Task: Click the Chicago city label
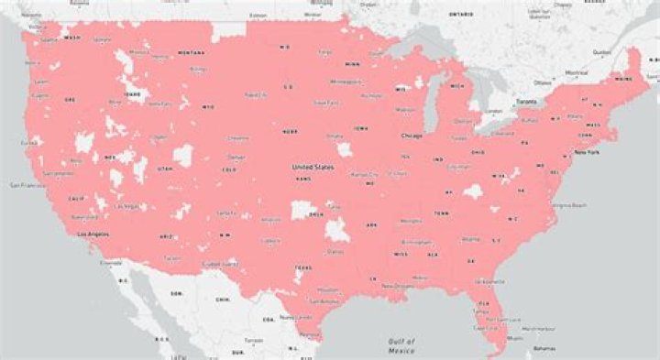point(412,136)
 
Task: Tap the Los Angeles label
point(91,234)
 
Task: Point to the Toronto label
point(526,101)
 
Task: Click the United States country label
point(313,168)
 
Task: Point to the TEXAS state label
point(303,267)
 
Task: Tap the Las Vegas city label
point(126,206)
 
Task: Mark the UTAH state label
point(165,169)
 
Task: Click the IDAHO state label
point(134,93)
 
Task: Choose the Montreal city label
point(575,72)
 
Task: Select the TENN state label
point(442,213)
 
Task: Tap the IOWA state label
point(360,129)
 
